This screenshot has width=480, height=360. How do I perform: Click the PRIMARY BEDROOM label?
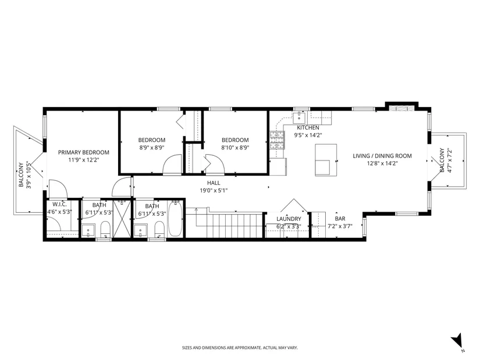pyautogui.click(x=84, y=152)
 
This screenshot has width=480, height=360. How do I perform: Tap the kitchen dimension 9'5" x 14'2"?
pyautogui.click(x=308, y=135)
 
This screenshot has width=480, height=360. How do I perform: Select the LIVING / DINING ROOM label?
pyautogui.click(x=382, y=156)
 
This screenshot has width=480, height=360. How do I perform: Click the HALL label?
pyautogui.click(x=214, y=183)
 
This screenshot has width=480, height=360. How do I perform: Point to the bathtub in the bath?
pyautogui.click(x=175, y=219)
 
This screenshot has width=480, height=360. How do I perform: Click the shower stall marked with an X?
pyautogui.click(x=122, y=218)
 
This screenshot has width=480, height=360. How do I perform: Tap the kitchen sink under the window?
pyautogui.click(x=298, y=117)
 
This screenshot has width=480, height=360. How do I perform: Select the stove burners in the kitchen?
pyautogui.click(x=277, y=140)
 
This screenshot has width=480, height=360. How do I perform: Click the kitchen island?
pyautogui.click(x=326, y=160)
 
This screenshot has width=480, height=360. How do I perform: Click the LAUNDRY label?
pyautogui.click(x=289, y=219)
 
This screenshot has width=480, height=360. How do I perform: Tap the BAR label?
pyautogui.click(x=340, y=219)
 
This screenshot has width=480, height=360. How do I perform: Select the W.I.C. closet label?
pyautogui.click(x=59, y=205)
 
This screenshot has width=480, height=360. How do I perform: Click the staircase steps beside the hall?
pyautogui.click(x=225, y=225)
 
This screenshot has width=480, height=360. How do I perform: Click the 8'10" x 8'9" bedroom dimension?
pyautogui.click(x=235, y=148)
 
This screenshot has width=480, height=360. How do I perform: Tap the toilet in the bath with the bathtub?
pyautogui.click(x=159, y=229)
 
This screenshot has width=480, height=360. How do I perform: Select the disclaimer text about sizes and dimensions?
pyautogui.click(x=240, y=348)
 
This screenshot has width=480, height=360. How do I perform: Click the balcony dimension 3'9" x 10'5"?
pyautogui.click(x=29, y=175)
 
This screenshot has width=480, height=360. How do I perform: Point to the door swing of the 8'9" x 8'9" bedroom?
pyautogui.click(x=172, y=165)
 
